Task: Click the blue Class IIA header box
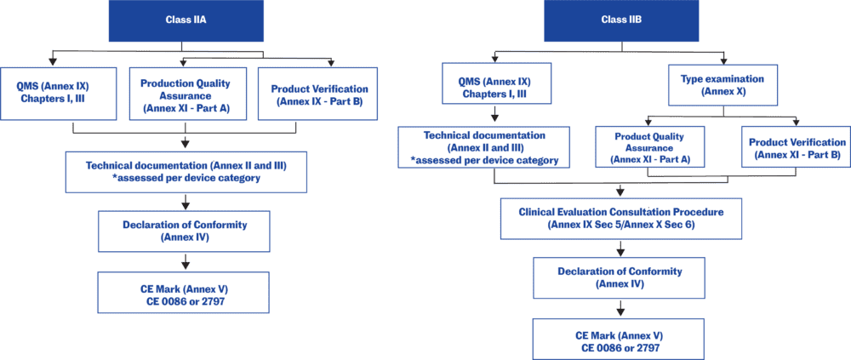click(185, 20)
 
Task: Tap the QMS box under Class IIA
click(53, 93)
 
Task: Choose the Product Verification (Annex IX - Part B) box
click(318, 94)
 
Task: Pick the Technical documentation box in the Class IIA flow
click(185, 171)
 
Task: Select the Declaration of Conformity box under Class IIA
click(185, 231)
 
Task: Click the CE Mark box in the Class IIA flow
click(185, 293)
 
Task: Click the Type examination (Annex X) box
click(723, 84)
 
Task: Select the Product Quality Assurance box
click(650, 148)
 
